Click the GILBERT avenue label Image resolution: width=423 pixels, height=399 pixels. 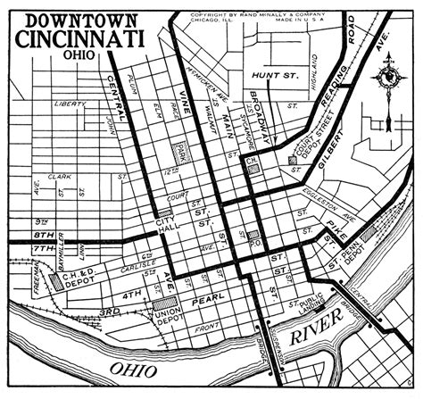click(328, 142)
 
